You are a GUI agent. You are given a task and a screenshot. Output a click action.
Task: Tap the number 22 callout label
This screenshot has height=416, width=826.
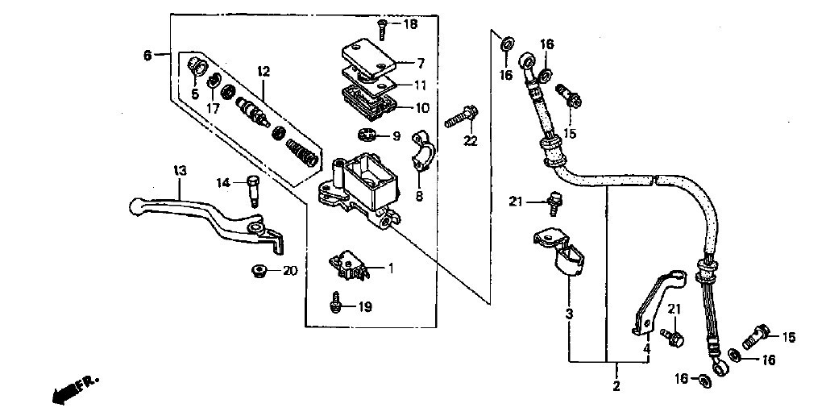click(470, 141)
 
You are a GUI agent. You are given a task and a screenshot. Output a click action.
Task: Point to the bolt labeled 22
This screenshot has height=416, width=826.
click(462, 117)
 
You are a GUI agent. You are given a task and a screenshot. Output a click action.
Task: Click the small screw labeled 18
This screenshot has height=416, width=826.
click(382, 28)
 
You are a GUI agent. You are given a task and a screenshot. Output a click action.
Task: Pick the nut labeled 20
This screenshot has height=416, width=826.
click(259, 272)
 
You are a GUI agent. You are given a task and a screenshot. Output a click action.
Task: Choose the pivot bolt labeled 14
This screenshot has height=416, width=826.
click(253, 191)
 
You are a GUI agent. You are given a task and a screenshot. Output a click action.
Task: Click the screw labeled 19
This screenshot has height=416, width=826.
click(334, 303)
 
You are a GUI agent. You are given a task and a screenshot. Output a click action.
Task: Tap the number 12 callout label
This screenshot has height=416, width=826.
click(264, 71)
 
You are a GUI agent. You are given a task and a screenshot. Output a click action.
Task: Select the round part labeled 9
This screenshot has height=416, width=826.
click(367, 135)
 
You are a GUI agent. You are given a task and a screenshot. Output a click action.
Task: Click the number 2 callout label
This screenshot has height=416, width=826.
click(616, 386)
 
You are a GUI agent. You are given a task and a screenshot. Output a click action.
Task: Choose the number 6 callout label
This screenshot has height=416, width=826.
click(147, 54)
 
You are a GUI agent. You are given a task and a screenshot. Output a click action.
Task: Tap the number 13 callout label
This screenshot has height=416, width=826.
click(180, 171)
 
